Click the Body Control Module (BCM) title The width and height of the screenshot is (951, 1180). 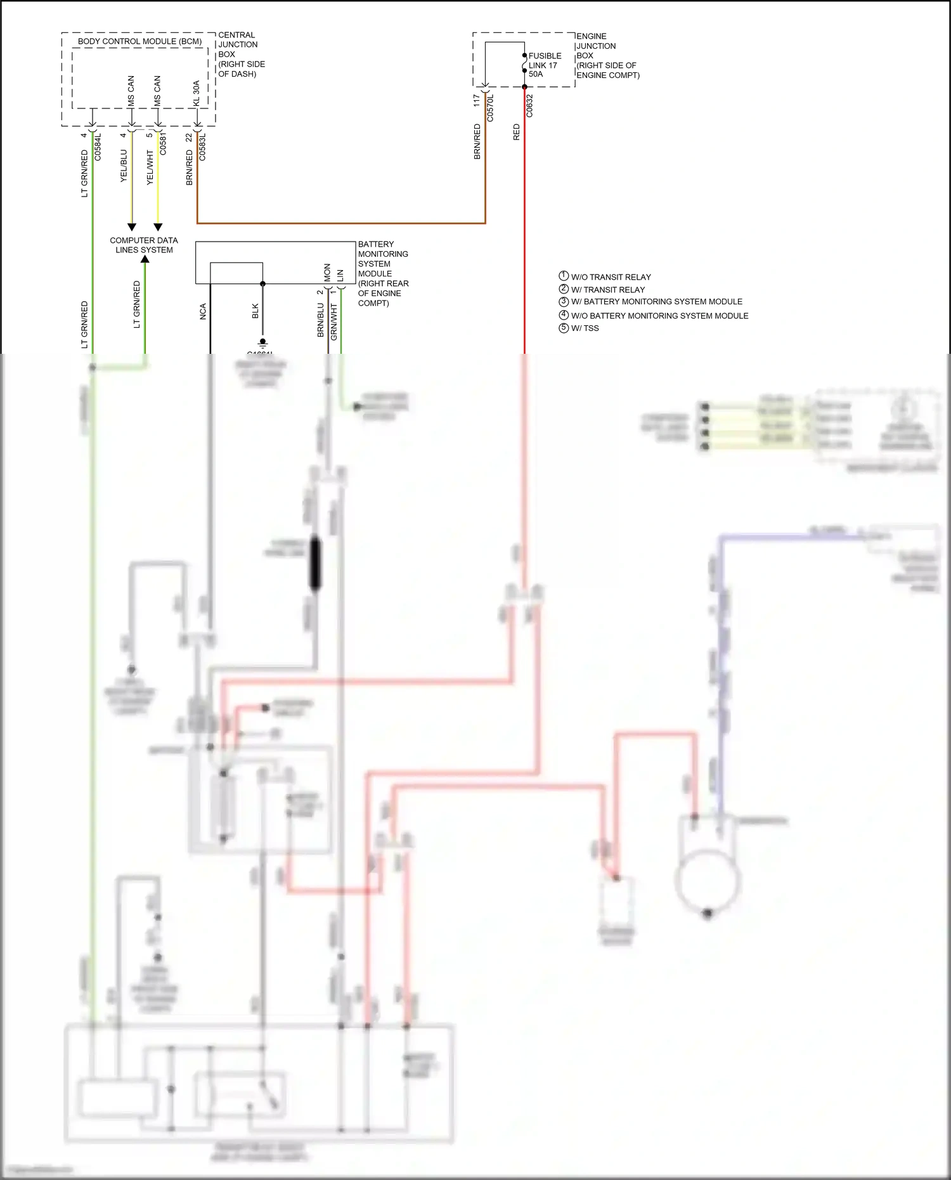click(139, 41)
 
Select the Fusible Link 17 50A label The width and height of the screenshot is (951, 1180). click(544, 65)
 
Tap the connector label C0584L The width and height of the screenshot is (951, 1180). click(98, 146)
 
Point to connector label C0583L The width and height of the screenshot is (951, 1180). click(202, 146)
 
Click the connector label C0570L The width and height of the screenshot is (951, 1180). click(490, 108)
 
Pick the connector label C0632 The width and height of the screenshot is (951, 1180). click(529, 106)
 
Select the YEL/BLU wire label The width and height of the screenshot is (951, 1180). click(124, 166)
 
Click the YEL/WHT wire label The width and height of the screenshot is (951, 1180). click(150, 167)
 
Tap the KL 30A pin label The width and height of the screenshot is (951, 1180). click(197, 93)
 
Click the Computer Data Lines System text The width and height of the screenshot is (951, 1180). click(144, 245)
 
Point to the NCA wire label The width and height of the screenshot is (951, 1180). click(204, 311)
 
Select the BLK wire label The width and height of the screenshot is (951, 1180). click(256, 311)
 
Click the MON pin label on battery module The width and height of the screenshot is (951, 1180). click(327, 273)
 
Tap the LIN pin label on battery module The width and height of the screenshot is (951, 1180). click(340, 275)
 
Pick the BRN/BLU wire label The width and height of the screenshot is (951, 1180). click(321, 320)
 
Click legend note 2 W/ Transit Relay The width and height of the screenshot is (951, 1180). click(607, 289)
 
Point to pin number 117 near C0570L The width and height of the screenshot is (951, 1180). click(476, 101)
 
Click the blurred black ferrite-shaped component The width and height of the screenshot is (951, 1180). click(314, 562)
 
